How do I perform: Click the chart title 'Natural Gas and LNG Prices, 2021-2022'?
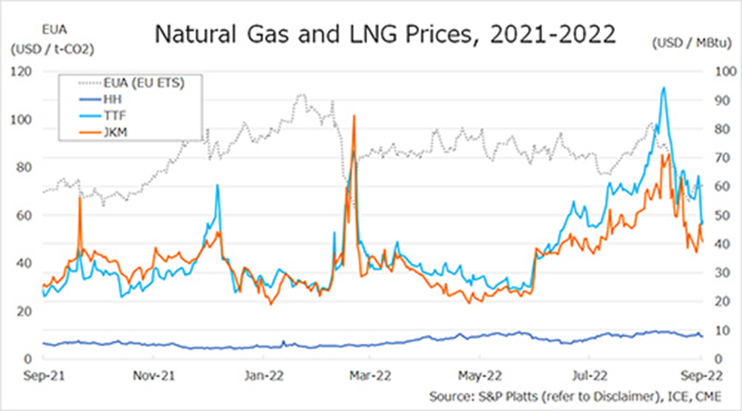point(385,34)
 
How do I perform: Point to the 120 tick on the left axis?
point(22,71)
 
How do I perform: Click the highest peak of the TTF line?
point(663,87)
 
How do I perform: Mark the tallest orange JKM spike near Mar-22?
point(354,115)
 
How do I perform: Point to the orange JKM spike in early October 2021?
point(80,197)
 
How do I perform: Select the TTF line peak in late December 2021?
point(218,185)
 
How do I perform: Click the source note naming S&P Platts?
point(574,396)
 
